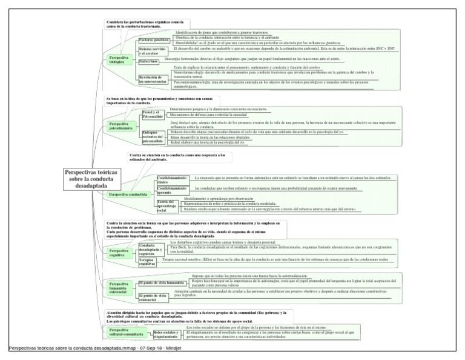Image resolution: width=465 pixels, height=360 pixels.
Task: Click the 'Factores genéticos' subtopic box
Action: [153, 39]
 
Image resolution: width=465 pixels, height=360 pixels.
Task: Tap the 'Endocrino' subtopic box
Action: [150, 61]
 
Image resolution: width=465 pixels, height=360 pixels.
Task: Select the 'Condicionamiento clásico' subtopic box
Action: [171, 179]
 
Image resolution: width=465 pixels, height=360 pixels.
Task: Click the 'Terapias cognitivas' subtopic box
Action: [148, 262]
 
